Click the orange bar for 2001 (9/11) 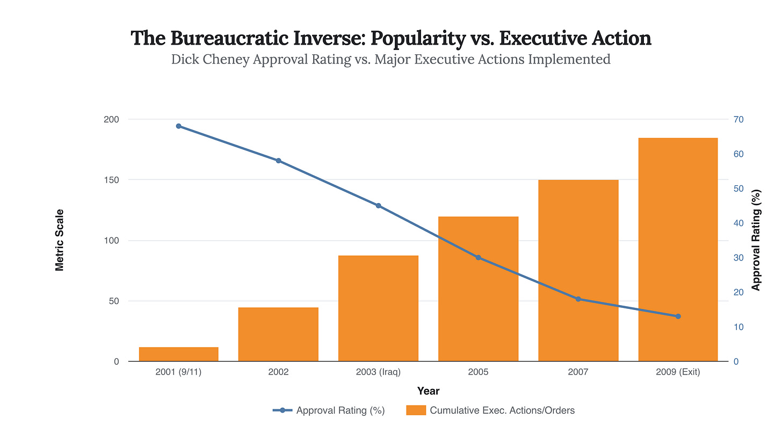click(178, 354)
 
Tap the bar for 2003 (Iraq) click(378, 308)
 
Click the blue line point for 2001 click(178, 126)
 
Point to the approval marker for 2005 click(478, 257)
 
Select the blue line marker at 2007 click(578, 299)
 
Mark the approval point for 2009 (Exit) click(678, 316)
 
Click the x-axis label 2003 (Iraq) click(378, 372)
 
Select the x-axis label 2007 click(578, 372)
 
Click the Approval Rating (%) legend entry click(329, 410)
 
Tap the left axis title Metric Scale click(60, 240)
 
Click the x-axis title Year click(428, 391)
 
